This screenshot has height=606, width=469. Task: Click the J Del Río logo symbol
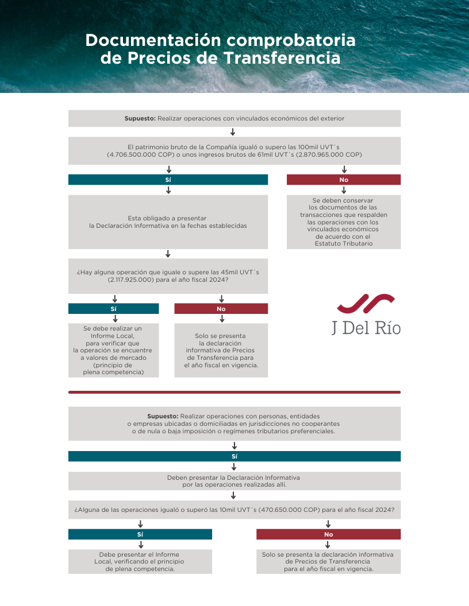[x=366, y=304]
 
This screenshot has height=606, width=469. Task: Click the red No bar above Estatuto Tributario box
[x=344, y=180]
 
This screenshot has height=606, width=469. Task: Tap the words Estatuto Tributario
[x=344, y=243]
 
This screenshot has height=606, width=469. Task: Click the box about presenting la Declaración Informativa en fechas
[x=168, y=222]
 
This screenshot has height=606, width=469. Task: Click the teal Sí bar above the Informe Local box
[x=113, y=309]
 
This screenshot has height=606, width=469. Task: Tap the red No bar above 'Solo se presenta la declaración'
[x=221, y=309]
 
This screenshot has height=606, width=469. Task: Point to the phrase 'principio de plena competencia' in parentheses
[x=113, y=368]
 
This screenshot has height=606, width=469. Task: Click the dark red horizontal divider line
[x=234, y=393]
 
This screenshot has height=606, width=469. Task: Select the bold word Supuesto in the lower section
[x=163, y=416]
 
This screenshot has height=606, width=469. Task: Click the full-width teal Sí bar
[x=234, y=456]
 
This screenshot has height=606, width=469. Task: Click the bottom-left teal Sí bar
[x=140, y=534]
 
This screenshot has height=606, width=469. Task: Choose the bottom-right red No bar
[x=328, y=534]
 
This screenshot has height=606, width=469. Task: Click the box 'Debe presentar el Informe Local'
[x=140, y=562]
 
